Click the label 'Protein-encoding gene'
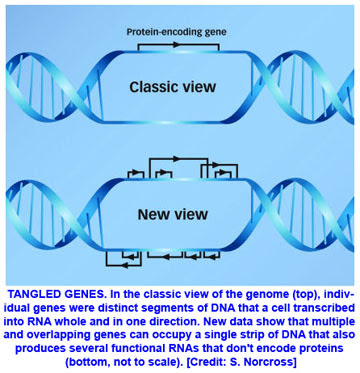(x=176, y=32)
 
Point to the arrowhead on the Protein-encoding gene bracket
(x=177, y=45)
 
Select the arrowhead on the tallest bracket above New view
(x=177, y=159)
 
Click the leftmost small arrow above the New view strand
(x=135, y=172)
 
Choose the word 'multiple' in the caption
(x=332, y=317)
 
